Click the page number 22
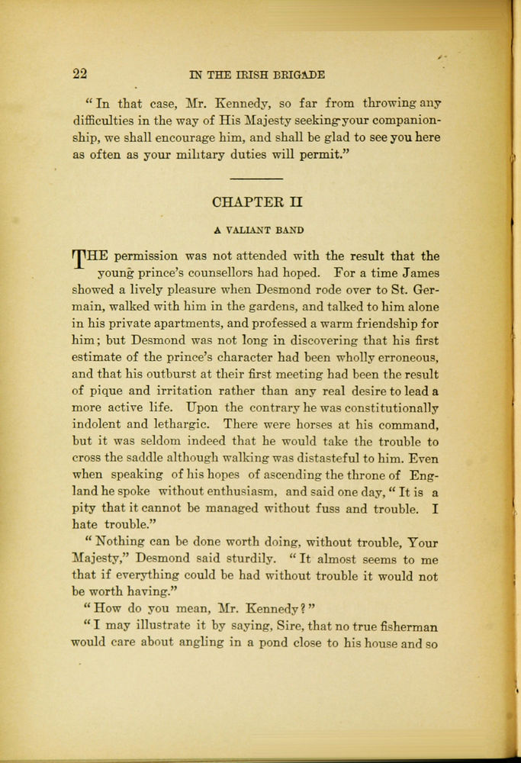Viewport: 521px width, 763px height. (x=79, y=74)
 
